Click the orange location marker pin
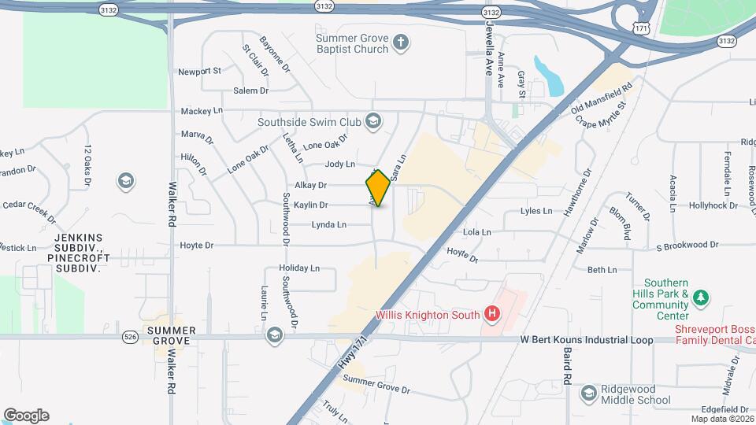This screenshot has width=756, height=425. point(378,189)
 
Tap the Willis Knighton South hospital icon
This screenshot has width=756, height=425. point(493,315)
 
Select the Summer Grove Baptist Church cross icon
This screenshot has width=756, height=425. point(401,42)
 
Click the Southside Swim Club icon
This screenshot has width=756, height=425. point(373,122)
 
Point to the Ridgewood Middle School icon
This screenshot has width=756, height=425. point(588,394)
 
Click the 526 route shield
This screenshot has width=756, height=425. point(131,337)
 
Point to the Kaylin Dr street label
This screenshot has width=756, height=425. point(310,205)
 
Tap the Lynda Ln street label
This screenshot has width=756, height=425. point(328,225)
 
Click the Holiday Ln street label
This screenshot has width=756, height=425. point(299,268)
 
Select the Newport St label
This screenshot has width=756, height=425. point(199,71)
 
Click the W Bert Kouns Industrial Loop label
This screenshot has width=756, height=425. point(587,340)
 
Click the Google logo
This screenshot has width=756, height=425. point(26,416)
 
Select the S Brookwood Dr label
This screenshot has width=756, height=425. point(688,246)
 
